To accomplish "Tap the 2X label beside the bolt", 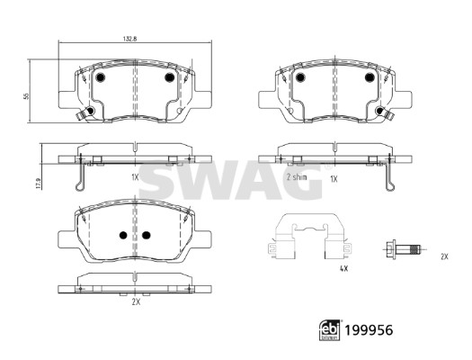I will point(443,256).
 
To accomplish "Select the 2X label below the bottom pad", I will point(135,303).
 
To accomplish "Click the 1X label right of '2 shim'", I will point(333,178).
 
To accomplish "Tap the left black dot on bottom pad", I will point(122,236).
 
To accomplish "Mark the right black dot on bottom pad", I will point(145,236).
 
